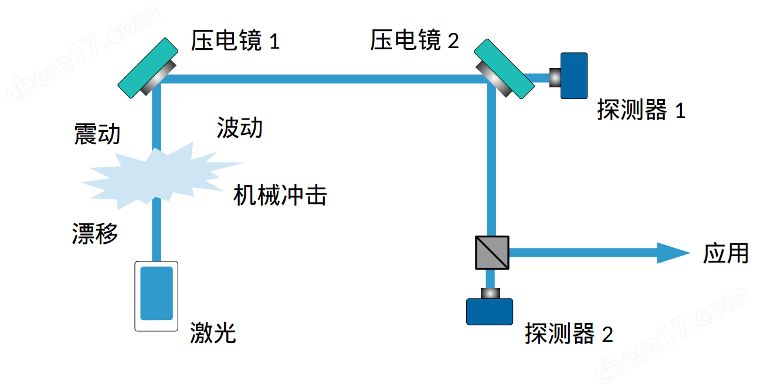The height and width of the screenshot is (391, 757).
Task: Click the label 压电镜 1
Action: (x=235, y=41)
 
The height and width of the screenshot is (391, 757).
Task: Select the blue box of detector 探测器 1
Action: (x=573, y=76)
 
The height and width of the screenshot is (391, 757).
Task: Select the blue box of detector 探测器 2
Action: (x=489, y=311)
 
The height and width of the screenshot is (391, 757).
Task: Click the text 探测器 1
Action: (x=641, y=110)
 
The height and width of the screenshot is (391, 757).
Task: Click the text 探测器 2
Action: (x=569, y=334)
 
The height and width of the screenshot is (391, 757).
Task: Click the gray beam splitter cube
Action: (x=491, y=253)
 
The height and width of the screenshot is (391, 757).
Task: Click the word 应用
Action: (x=726, y=253)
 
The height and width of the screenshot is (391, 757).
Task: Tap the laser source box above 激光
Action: (x=156, y=295)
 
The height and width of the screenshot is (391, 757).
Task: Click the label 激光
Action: (x=212, y=333)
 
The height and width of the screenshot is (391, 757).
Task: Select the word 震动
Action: (x=97, y=134)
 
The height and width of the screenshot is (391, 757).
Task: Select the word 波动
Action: (x=239, y=127)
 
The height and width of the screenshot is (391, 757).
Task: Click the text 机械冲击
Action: (x=280, y=195)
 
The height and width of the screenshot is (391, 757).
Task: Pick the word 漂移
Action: (x=94, y=233)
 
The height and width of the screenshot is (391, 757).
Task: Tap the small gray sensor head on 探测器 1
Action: (x=554, y=77)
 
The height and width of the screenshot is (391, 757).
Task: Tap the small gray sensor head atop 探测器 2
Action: (x=490, y=293)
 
